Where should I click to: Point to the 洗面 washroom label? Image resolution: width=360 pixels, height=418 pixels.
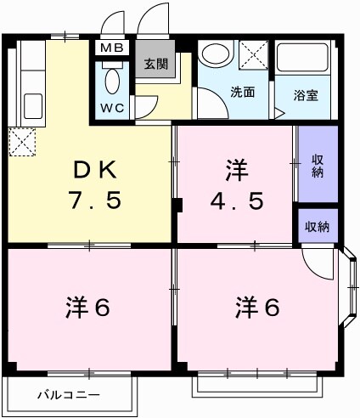[x=243, y=93]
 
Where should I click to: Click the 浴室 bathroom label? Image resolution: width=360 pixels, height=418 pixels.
[x=307, y=93]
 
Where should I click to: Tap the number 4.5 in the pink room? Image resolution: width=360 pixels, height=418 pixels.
[x=238, y=201]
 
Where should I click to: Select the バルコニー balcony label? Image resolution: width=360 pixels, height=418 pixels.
[x=69, y=394]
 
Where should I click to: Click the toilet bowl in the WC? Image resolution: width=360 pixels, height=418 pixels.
[x=112, y=81]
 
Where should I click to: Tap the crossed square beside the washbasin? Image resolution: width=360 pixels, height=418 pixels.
[x=253, y=55]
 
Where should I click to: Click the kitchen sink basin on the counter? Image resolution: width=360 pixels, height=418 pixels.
[x=33, y=106]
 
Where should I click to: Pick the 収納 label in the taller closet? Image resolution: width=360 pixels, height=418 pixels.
[x=318, y=166]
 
